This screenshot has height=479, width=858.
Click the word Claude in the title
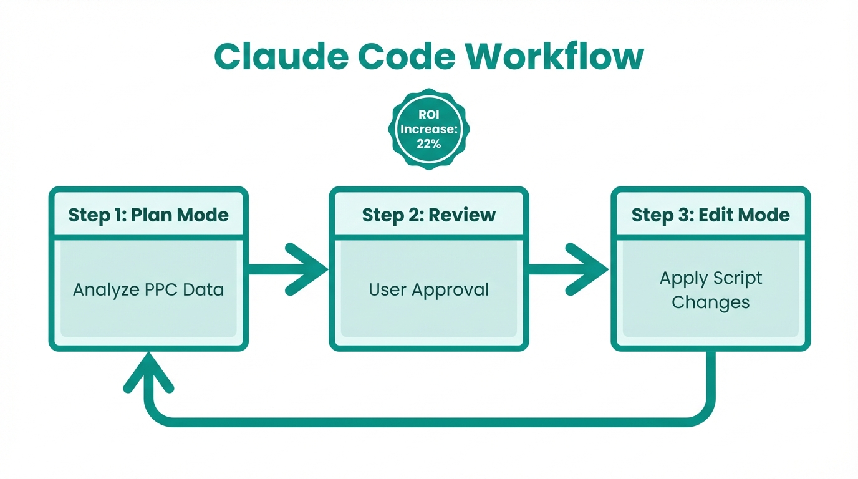(280, 57)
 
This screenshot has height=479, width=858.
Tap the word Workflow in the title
(555, 57)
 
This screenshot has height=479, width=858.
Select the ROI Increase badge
(429, 129)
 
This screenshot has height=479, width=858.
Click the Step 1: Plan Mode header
(148, 215)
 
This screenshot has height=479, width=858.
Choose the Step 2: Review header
(429, 215)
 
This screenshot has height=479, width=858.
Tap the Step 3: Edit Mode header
(710, 215)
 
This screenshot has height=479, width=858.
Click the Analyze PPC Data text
(148, 290)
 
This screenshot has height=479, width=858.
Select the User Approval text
(429, 290)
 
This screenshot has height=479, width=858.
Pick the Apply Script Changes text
(710, 290)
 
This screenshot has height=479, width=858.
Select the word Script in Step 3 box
(737, 278)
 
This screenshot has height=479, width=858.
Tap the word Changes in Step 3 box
(710, 302)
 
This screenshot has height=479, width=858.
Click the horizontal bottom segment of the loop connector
(429, 422)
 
